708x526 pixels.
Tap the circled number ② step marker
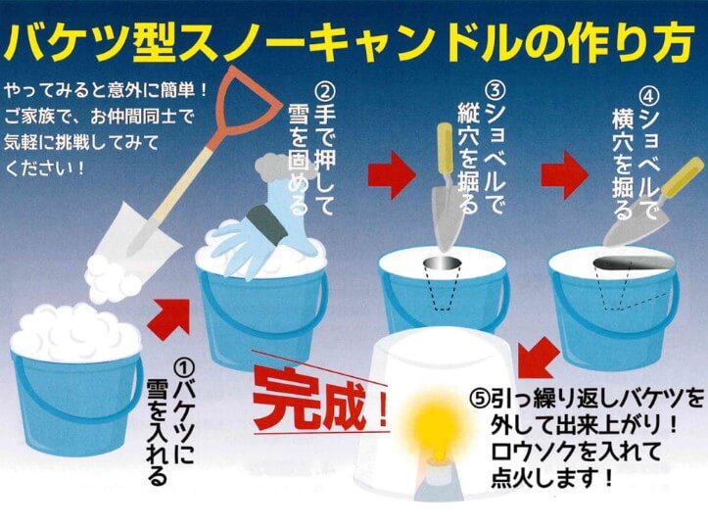[x=325, y=93]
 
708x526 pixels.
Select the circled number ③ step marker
[x=496, y=91]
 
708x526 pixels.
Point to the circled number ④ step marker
[x=650, y=96]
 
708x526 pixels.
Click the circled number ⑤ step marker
[x=480, y=399]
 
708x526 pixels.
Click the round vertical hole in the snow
[x=443, y=263]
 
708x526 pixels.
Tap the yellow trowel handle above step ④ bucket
[x=682, y=177]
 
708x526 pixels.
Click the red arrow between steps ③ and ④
[x=564, y=174]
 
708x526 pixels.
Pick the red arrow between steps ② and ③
[x=391, y=174]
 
